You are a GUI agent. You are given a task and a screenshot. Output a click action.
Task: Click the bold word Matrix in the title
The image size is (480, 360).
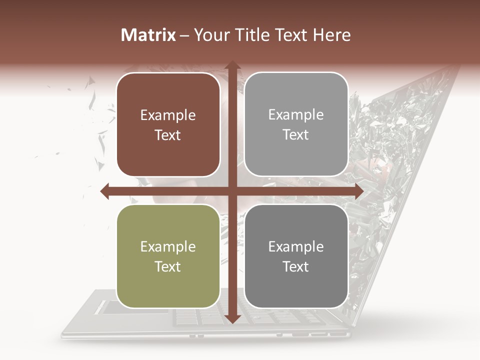pos(148,35)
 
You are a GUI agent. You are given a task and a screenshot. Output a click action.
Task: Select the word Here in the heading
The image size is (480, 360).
pos(332,35)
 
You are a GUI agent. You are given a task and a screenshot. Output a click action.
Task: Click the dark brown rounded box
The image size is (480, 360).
pos(168,124)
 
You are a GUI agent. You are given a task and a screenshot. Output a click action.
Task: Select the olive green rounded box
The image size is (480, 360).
pos(168,256)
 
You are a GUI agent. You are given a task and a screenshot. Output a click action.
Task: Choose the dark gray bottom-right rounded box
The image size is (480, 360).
pos(296,256)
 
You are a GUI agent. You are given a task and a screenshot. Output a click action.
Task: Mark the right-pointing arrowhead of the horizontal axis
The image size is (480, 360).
pos(358,191)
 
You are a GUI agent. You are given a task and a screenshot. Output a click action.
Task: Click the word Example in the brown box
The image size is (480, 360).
pos(168,115)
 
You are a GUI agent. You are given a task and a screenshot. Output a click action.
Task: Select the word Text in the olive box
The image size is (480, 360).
pos(168,266)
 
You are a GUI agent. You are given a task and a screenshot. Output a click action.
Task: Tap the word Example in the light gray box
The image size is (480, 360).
pos(296,115)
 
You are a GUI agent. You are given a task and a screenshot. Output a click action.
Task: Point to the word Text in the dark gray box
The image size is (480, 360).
pos(296,266)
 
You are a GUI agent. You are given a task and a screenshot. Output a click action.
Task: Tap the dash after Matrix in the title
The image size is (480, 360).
pos(184,35)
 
